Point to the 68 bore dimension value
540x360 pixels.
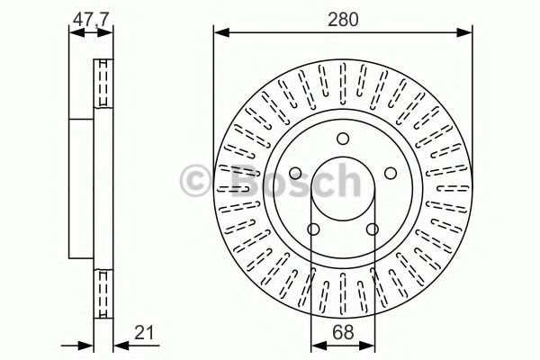click(342, 331)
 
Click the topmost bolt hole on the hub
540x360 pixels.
click(342, 139)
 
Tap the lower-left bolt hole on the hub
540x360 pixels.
click(312, 230)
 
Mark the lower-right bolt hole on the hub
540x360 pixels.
click(372, 230)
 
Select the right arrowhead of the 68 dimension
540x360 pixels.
click(369, 346)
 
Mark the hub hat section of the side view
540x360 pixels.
click(83, 189)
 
